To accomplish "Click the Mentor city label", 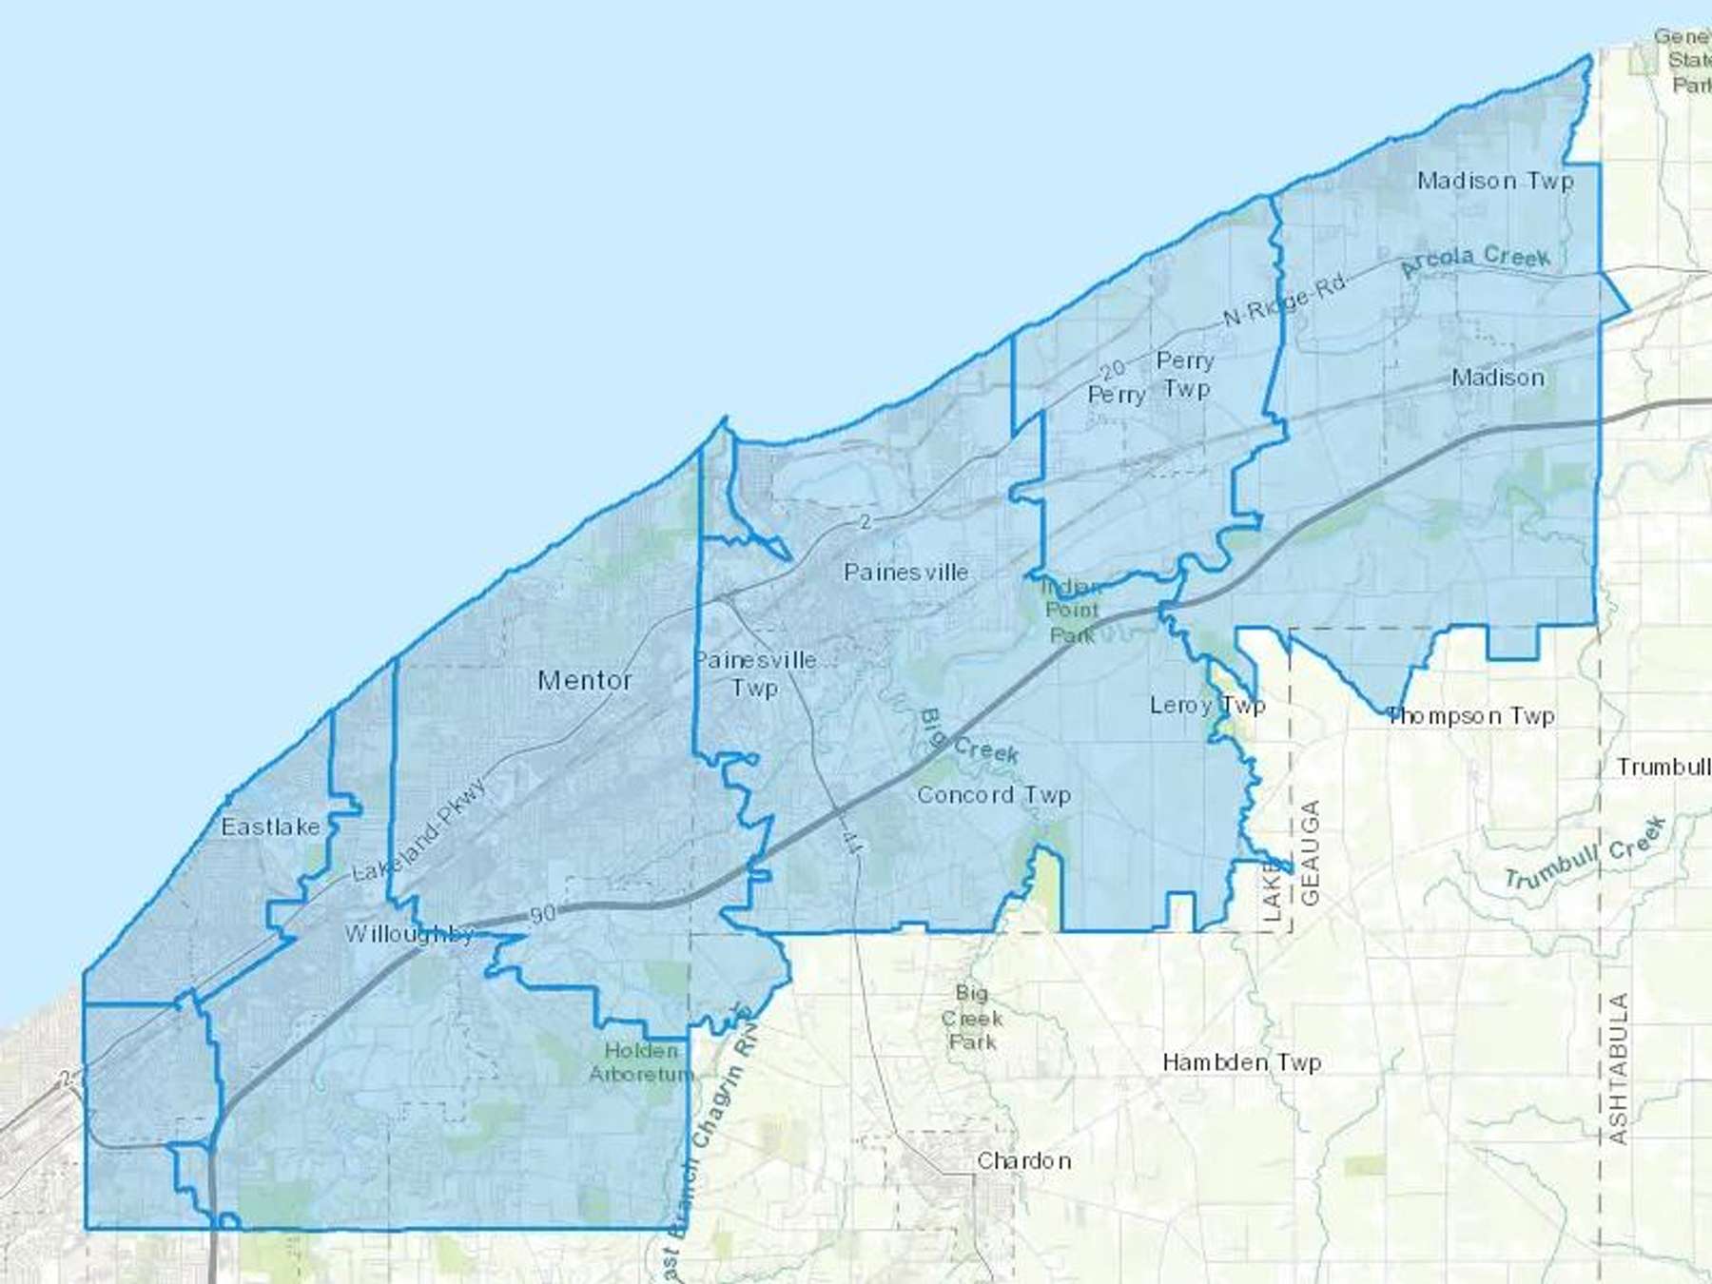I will point(585,680).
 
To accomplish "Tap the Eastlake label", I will point(270,827).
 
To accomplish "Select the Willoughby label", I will point(409,934).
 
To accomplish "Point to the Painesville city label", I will point(905,572).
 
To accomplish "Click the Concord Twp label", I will point(994,794).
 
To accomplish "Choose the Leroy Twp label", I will point(1207,705).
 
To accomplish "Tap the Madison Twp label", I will point(1495,181).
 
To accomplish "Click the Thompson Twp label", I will point(1471,715).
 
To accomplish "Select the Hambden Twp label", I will point(1241,1061).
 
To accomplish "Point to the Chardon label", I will point(1024,1160).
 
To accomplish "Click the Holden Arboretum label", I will point(642,1062).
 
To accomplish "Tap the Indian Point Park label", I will point(1072,611).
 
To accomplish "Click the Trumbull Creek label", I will point(1585,854).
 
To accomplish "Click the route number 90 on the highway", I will point(542,914).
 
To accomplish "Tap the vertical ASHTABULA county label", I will point(1618,1068).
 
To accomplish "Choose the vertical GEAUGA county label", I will point(1310,852).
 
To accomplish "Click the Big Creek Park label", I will point(971,1018).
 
